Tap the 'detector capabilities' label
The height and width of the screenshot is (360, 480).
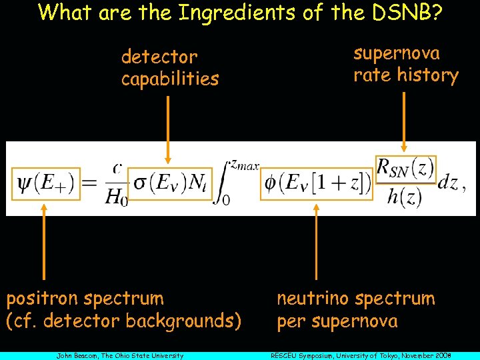169,68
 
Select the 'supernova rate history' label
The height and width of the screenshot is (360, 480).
405,64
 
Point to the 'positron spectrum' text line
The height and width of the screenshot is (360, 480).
85,298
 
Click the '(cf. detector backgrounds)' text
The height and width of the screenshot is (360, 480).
123,321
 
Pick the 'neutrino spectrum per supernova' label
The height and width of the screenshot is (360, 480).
355,309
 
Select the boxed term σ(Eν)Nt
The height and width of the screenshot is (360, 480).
169,182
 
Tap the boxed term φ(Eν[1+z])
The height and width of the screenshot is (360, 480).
317,182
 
